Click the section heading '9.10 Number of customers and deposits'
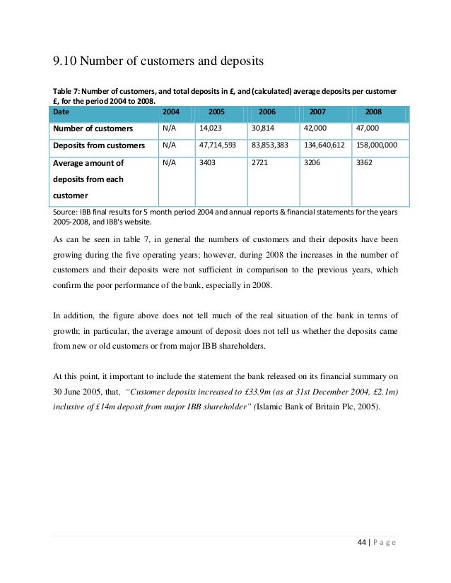158,61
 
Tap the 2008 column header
373,112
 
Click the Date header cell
60,112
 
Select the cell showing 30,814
264,128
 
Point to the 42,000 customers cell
316,128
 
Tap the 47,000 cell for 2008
368,128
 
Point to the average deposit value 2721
260,162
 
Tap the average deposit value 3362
363,162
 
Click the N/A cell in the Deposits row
169,145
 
